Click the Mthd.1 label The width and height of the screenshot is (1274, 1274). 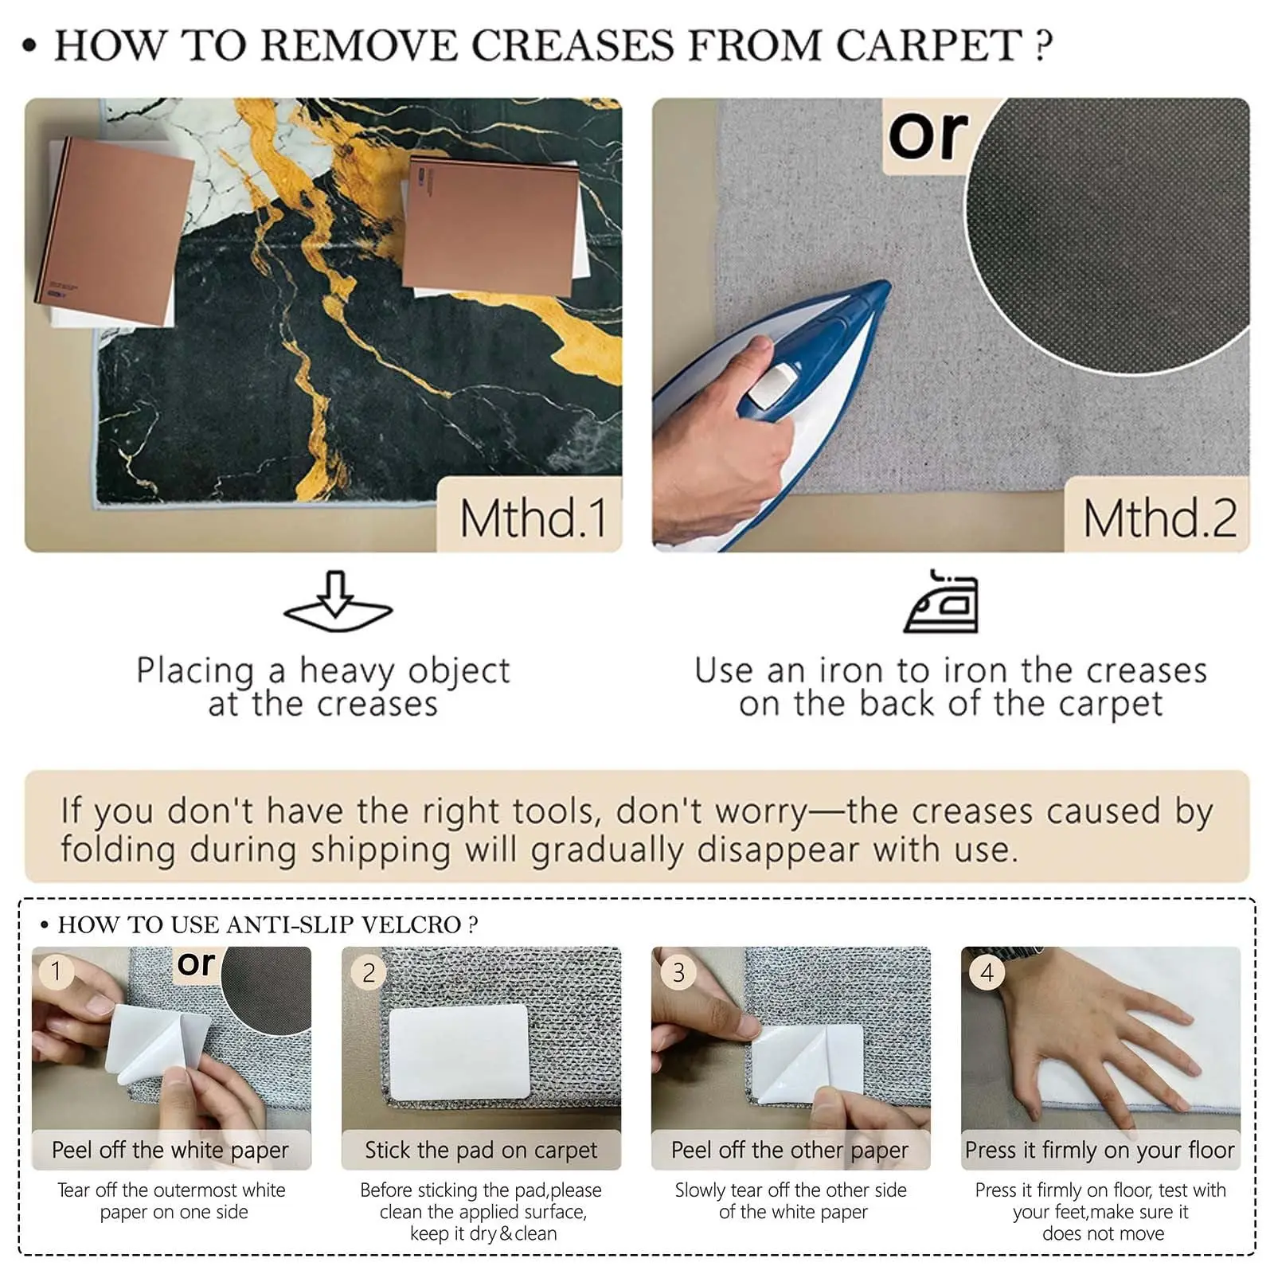point(533,518)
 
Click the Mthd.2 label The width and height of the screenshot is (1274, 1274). point(1160,518)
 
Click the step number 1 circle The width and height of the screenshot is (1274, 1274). point(57,971)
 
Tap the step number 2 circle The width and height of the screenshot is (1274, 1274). point(368,972)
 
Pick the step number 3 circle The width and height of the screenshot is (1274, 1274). point(678,972)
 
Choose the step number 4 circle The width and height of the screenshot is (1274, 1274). point(987,972)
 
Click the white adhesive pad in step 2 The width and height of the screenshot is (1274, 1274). point(459,1052)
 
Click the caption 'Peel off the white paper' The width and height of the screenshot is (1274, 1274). point(170,1151)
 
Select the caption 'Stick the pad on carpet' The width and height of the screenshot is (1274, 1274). point(481,1151)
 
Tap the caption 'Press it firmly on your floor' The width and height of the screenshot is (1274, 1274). point(1100,1151)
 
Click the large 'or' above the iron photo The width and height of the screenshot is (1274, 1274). point(928,135)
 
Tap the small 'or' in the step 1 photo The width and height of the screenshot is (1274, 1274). point(196,963)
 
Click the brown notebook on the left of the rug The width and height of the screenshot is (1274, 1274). point(116,231)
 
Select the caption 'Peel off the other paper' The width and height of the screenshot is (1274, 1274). point(790,1151)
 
